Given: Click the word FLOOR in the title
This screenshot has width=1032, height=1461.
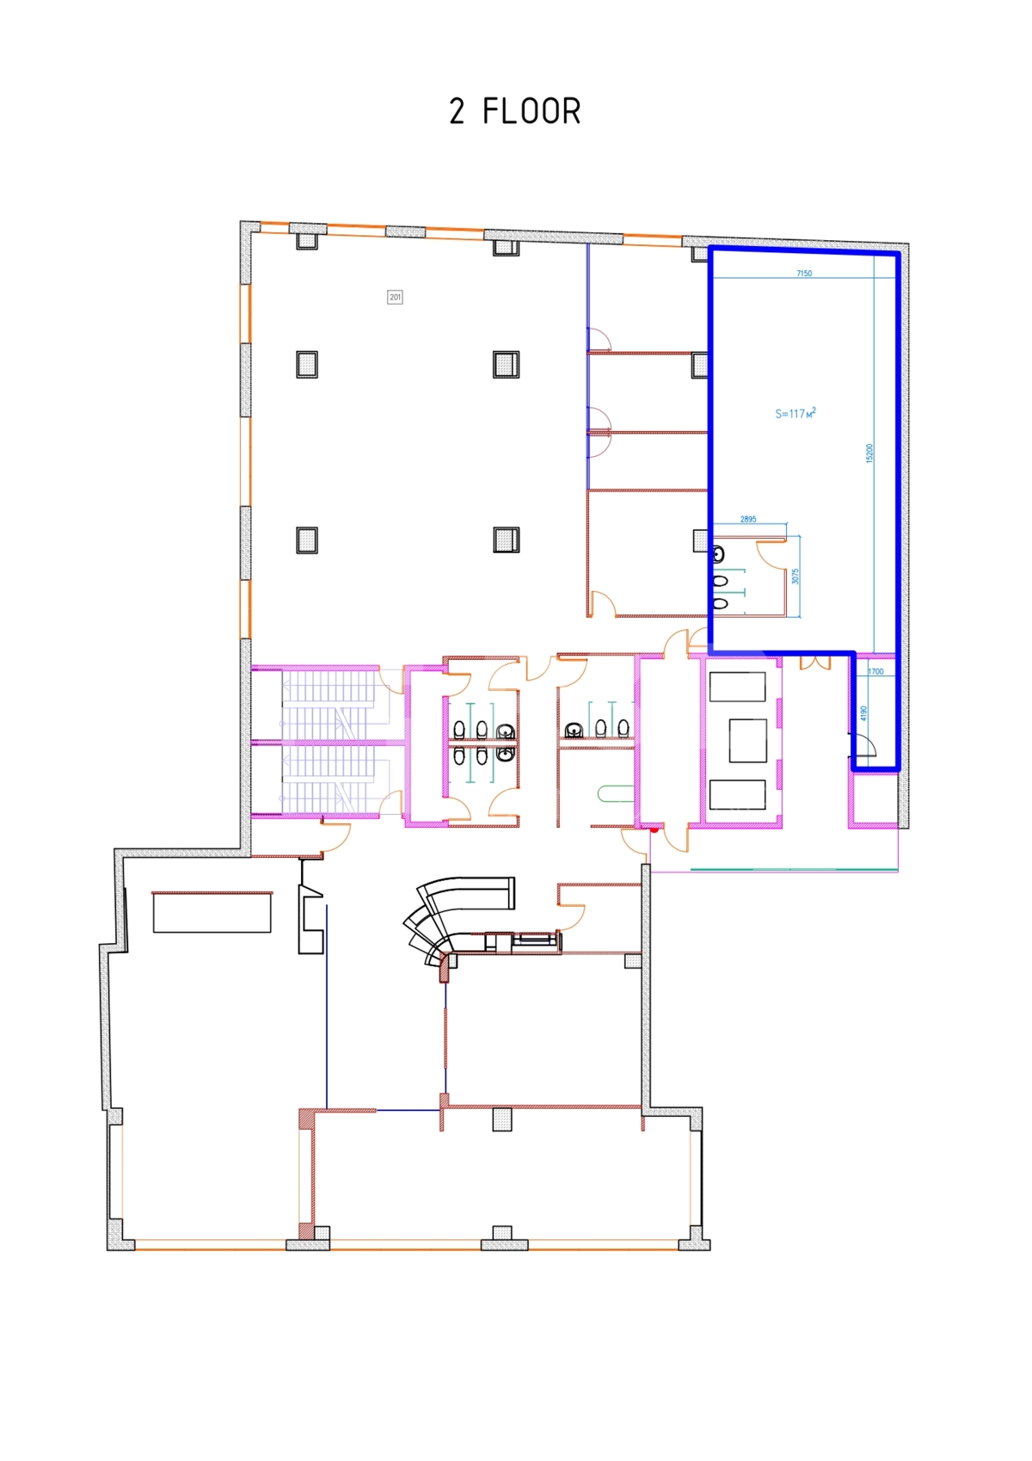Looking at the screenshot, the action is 531,111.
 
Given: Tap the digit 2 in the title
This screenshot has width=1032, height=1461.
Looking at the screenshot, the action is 457,111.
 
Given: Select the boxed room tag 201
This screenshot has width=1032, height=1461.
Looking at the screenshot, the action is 395,298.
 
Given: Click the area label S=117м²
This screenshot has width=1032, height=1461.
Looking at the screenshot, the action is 795,413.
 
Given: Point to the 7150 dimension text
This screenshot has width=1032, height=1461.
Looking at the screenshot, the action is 804,274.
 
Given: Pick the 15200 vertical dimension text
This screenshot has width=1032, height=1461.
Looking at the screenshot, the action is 869,453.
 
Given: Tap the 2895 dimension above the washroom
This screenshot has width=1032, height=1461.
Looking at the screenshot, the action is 748,519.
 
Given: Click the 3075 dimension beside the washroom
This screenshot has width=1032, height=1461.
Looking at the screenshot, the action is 795,576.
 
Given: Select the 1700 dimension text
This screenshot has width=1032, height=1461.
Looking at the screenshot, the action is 875,671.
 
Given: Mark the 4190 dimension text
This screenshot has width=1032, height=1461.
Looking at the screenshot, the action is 863,713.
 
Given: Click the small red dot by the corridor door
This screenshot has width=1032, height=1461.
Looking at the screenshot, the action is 654,829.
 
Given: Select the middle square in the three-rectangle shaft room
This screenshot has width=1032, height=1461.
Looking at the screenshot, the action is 747,740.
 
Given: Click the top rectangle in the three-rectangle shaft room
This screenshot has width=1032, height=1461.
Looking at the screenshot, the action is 737,687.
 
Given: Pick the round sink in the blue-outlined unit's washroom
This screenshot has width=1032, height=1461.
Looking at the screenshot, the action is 718,555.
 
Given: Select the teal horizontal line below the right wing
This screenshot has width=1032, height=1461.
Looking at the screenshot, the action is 794,869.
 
